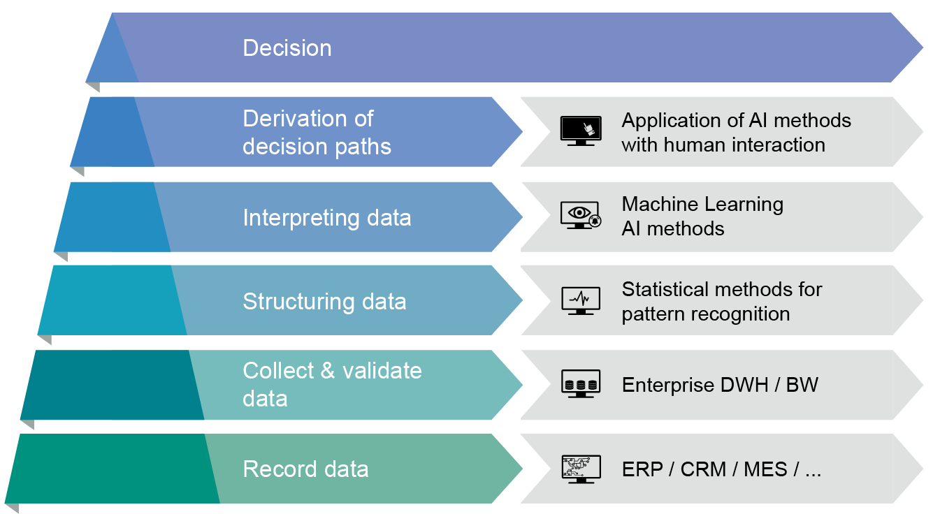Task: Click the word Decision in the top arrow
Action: tap(287, 48)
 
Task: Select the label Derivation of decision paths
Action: tap(317, 133)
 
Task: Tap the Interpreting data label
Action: tap(326, 218)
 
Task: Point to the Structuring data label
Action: tap(324, 302)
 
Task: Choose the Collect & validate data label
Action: tap(332, 384)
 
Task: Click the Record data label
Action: tap(305, 469)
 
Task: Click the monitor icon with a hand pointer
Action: tap(580, 131)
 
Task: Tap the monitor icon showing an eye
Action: tap(580, 215)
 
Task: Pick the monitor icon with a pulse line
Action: tap(580, 300)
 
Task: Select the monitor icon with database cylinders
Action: tap(580, 384)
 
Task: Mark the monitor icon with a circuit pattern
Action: tap(580, 469)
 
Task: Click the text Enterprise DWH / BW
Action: tap(720, 385)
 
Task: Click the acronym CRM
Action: tap(703, 469)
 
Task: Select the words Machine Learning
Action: tap(702, 205)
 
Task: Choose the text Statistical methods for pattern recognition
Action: tap(722, 301)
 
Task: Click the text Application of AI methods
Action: tap(736, 121)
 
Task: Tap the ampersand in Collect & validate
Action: tap(328, 371)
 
